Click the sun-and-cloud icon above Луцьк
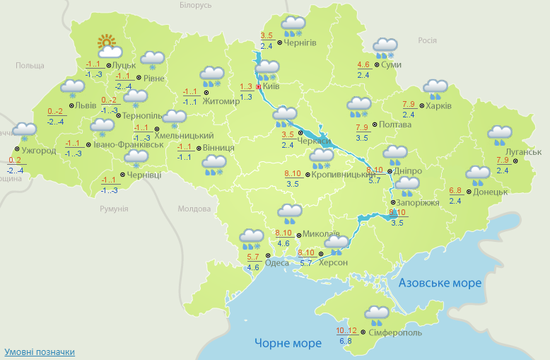pyautogui.click(x=110, y=47)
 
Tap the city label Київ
pyautogui.click(x=271, y=86)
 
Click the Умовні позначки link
pyautogui.click(x=40, y=352)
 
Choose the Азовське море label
pyautogui.click(x=440, y=283)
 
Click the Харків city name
pyautogui.click(x=438, y=106)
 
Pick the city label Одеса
pyautogui.click(x=276, y=262)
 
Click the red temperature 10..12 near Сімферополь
pyautogui.click(x=346, y=330)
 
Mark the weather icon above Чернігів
pyautogui.click(x=293, y=26)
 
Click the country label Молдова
pyautogui.click(x=194, y=209)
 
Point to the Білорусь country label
pyautogui.click(x=196, y=5)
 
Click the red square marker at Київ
pyautogui.click(x=258, y=86)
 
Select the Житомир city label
pyautogui.click(x=221, y=100)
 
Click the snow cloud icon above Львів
pyautogui.click(x=72, y=90)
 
